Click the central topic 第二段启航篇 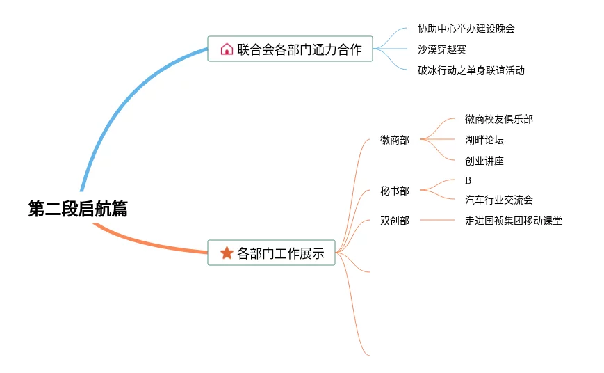coord(78,209)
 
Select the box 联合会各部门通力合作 coord(290,49)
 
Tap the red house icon coord(227,49)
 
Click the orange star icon coord(227,253)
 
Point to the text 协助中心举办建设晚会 coord(466,29)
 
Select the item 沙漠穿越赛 coord(442,49)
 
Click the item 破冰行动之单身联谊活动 coord(471,70)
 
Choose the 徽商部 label coord(395,140)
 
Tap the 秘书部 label coord(395,191)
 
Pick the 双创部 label coord(395,221)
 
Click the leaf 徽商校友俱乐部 coord(498,119)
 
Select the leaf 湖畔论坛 coord(484,140)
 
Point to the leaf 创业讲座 coord(484,161)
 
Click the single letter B coord(468,180)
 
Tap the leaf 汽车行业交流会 coord(498,200)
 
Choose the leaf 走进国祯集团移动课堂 coord(513,221)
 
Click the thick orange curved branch coord(153,244)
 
